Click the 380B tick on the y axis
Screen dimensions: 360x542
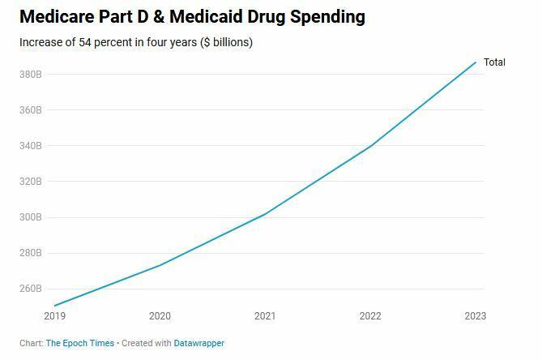click(30, 75)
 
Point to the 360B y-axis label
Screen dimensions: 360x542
click(30, 110)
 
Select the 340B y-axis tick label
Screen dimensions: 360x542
click(30, 146)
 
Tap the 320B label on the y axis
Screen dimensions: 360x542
click(30, 182)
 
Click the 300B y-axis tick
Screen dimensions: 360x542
click(30, 217)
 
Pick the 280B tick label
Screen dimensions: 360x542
click(30, 253)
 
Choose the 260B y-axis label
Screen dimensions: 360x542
click(30, 289)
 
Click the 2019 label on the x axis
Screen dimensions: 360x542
click(55, 316)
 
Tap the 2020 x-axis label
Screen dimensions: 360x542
click(160, 316)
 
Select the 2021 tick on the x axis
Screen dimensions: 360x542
click(265, 316)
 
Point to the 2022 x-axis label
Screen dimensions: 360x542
click(370, 316)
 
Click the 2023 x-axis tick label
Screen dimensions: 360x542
click(475, 316)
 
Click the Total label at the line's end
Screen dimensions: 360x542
click(494, 62)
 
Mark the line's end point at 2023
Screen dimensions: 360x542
click(476, 62)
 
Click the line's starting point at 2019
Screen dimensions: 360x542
click(55, 306)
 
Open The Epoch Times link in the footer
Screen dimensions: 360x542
click(79, 344)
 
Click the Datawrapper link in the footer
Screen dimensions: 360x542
click(199, 344)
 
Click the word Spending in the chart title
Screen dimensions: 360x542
click(322, 16)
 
